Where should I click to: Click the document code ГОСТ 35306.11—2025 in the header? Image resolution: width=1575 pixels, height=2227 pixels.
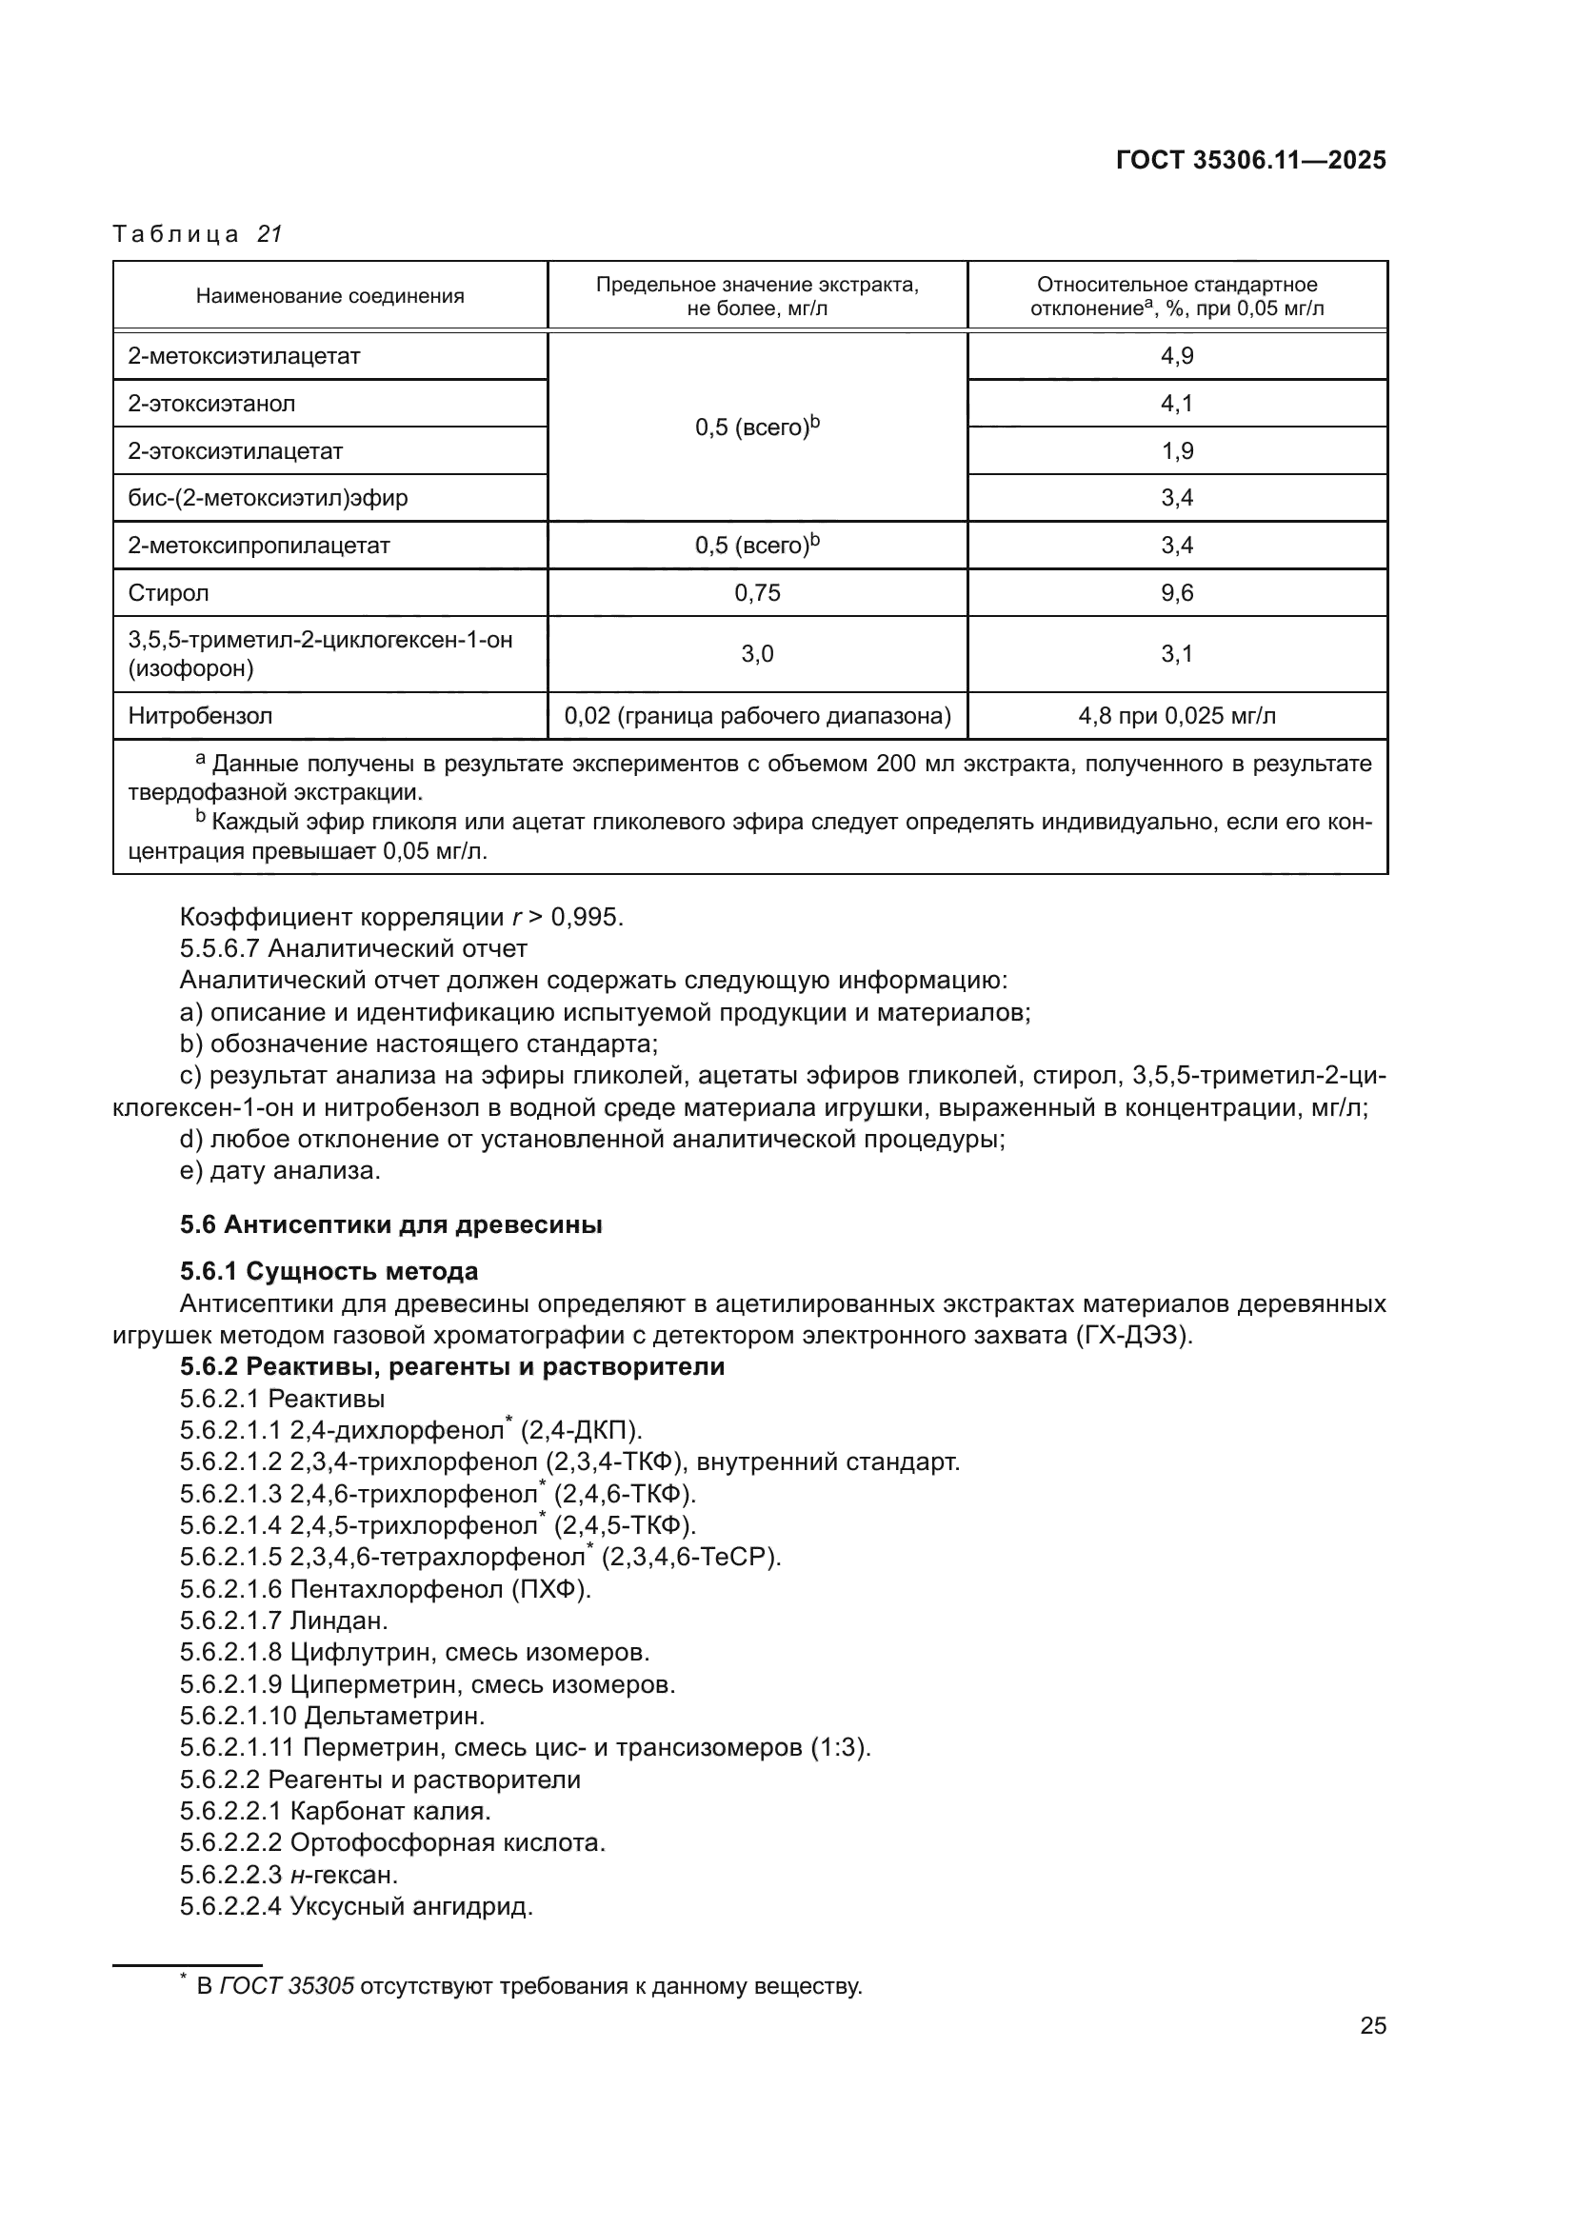[x=1250, y=160]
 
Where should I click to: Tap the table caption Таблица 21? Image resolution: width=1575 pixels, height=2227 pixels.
[x=197, y=234]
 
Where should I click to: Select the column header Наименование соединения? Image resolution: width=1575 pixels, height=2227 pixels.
[x=329, y=296]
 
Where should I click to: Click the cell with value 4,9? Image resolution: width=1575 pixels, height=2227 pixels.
[x=1176, y=356]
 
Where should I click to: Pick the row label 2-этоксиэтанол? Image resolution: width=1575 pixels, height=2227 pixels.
[x=211, y=404]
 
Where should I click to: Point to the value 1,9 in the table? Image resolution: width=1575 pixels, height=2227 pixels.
[x=1176, y=451]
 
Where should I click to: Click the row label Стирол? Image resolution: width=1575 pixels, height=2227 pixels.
[x=168, y=592]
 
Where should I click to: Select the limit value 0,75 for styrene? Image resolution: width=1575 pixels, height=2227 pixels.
[x=756, y=592]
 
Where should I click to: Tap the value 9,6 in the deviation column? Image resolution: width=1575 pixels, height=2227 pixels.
[x=1176, y=592]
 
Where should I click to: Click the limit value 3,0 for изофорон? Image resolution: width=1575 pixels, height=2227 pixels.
[x=756, y=654]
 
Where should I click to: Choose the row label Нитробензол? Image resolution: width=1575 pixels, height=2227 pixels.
[x=200, y=716]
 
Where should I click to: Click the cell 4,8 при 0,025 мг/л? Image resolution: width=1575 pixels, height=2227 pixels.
[x=1176, y=716]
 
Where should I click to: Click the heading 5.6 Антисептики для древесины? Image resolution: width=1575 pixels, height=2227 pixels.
[x=390, y=1224]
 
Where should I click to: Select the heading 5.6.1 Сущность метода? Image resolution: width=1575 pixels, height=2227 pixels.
[x=329, y=1271]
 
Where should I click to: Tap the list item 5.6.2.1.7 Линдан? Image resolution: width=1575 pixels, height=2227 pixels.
[x=283, y=1620]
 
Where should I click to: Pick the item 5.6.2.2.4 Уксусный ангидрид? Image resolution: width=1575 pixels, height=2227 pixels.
[x=356, y=1906]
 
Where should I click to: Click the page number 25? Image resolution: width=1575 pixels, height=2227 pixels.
[x=1372, y=2025]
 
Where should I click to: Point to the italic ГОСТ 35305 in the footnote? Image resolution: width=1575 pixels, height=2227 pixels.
[x=286, y=1985]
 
